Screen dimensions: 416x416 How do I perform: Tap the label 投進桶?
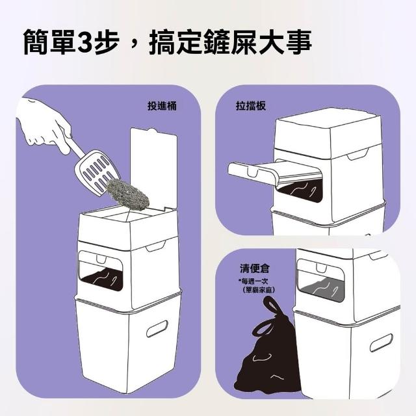tap(162, 106)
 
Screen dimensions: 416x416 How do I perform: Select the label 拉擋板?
tap(251, 106)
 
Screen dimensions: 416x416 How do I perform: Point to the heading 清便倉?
tap(254, 268)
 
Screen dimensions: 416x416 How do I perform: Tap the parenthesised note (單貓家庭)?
tap(258, 290)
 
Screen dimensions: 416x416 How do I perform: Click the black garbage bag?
tap(266, 350)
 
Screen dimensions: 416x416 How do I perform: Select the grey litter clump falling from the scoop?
tap(128, 191)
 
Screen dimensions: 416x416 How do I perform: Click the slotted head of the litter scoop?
tap(97, 172)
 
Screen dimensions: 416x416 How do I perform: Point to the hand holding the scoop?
tap(44, 124)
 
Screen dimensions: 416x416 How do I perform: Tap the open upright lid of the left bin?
tap(153, 170)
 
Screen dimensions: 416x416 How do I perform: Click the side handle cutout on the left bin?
tap(157, 328)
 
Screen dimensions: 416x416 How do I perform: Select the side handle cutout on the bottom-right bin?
tap(381, 343)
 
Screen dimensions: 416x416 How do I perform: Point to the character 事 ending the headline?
tap(299, 42)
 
